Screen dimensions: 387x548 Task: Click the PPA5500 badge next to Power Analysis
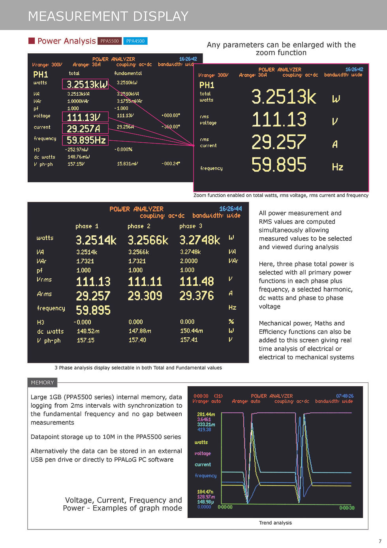click(109, 41)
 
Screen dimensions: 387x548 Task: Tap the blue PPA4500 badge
click(135, 41)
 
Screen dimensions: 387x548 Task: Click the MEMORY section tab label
click(42, 382)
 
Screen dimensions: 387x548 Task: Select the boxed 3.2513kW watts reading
click(85, 84)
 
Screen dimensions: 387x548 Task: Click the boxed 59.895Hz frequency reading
click(85, 140)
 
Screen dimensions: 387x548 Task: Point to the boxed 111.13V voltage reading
click(85, 117)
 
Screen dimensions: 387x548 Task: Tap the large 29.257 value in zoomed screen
click(278, 142)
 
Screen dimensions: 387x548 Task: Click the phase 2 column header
click(139, 226)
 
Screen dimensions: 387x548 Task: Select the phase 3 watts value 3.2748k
click(200, 240)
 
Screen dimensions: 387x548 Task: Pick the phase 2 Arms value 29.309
click(145, 296)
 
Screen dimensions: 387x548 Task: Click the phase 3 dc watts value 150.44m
click(192, 331)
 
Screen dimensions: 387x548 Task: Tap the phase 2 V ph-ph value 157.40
click(137, 340)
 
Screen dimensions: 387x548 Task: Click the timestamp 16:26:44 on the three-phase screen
click(230, 209)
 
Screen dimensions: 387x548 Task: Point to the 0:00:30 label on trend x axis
click(347, 508)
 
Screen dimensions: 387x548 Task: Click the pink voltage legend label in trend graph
click(203, 454)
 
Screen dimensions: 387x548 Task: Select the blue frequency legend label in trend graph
click(206, 476)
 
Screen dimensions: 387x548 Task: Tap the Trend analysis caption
click(275, 523)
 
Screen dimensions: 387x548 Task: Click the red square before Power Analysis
click(32, 41)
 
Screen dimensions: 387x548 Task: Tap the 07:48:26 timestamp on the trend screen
click(345, 396)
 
